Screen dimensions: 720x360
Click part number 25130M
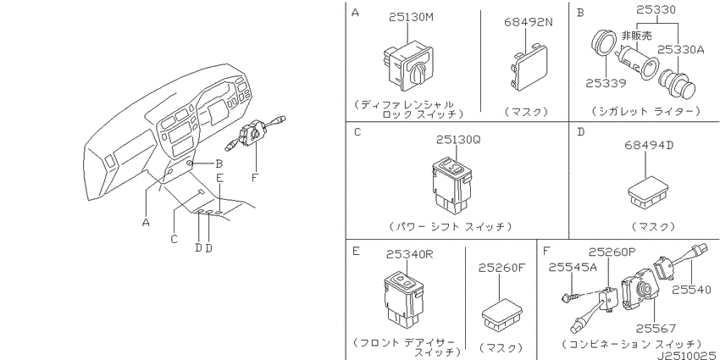click(x=411, y=18)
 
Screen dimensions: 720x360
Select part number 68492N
click(x=528, y=22)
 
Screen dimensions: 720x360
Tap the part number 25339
click(x=606, y=84)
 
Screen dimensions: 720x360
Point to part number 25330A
click(x=679, y=50)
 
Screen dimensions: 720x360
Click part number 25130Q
click(x=458, y=140)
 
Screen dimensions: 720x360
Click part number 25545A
click(x=573, y=267)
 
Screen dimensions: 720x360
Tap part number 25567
click(x=656, y=329)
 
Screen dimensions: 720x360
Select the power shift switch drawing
click(x=451, y=186)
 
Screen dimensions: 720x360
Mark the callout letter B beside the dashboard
click(x=219, y=163)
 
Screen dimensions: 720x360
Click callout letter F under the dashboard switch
click(x=255, y=177)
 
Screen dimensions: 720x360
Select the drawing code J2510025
click(x=687, y=355)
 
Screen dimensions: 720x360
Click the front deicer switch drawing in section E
click(x=402, y=301)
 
